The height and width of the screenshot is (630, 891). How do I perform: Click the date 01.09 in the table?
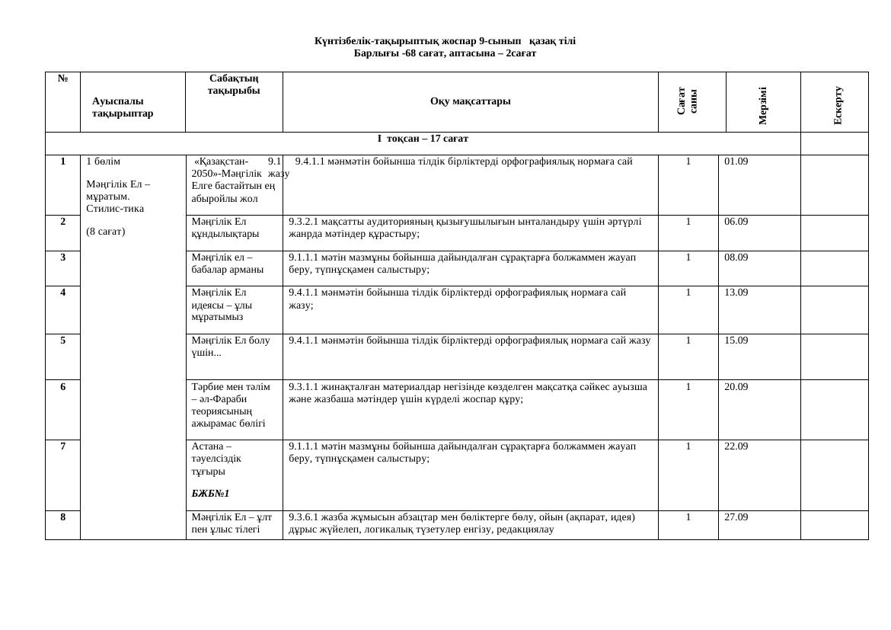point(736,161)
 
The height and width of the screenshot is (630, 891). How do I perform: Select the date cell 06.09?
point(736,222)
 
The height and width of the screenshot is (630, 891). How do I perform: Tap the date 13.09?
point(736,293)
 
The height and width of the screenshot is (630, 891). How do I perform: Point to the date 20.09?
point(736,387)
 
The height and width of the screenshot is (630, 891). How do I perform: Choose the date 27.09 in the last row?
point(736,516)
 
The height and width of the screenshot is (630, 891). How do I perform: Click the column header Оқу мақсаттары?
point(470,101)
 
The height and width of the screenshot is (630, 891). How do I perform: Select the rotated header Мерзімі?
point(763,106)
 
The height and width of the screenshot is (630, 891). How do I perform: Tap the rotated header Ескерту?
point(838,106)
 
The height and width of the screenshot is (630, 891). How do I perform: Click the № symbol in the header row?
point(63,78)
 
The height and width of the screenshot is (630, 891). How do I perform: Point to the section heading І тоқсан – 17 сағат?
point(423,139)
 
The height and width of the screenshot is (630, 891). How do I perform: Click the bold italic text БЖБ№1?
point(211,494)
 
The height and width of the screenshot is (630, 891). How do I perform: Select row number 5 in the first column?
point(63,341)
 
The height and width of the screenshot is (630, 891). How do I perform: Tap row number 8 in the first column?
point(63,516)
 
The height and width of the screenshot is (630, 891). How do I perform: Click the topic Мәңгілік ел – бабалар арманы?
point(228,264)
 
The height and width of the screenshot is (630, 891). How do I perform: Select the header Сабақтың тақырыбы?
point(234,85)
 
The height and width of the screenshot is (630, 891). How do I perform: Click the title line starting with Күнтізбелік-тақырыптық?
point(445,40)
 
